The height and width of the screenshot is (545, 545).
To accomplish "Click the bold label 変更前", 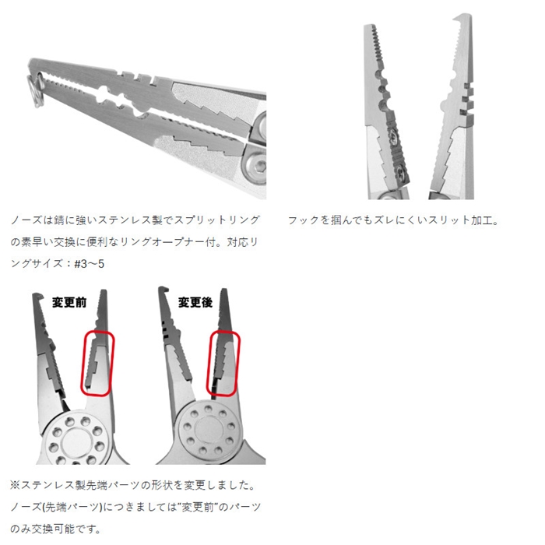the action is coord(69,302).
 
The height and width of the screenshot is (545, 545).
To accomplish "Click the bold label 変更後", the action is coord(195,302).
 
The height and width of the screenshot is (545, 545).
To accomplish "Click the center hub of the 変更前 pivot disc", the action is coord(76,444).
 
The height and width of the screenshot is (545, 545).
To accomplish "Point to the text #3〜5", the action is coord(89,264).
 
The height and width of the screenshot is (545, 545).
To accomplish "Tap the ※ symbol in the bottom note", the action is coord(16,485).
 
